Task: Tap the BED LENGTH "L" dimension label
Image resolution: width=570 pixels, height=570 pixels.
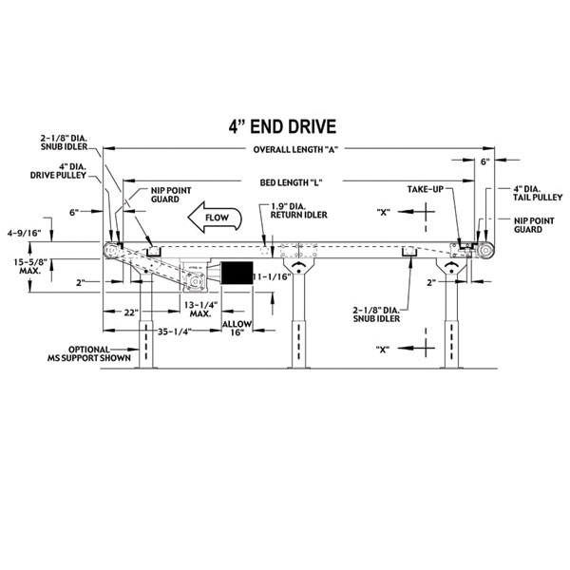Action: coord(290,182)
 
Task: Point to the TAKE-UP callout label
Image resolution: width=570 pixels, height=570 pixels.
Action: coord(425,190)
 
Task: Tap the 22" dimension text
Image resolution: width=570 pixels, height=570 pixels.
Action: coord(123,312)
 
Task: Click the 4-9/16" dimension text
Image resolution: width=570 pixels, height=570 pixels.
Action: coord(24,231)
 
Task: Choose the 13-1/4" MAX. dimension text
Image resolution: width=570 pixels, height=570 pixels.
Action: coord(200,308)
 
